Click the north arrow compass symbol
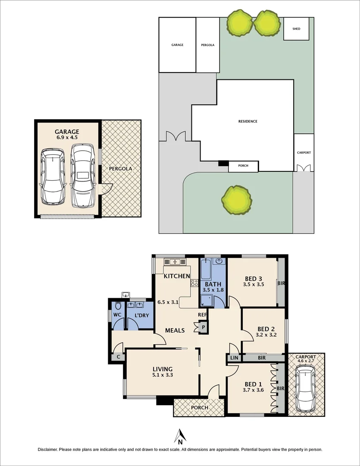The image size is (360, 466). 180,436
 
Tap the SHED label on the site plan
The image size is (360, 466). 296,29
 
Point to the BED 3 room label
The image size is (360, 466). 254,278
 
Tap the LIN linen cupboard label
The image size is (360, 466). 234,358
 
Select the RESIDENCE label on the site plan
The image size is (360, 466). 247,121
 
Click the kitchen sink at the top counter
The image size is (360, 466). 175,261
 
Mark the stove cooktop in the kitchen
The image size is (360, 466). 194,283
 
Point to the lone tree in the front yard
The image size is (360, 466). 236,200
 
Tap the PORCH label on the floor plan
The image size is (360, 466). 199,408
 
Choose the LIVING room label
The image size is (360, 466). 163,369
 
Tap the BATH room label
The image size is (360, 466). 213,284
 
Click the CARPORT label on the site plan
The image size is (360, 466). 304,153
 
